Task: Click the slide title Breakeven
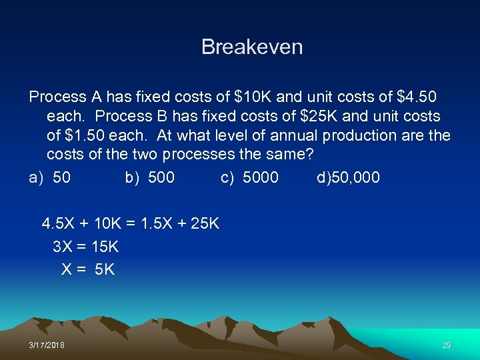coord(252,47)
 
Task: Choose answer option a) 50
coord(50,177)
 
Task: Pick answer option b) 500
coord(150,177)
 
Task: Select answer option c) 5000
coord(250,177)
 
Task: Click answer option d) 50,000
coord(349,177)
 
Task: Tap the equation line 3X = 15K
coord(85,247)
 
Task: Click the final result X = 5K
coord(88,269)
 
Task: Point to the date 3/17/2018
coord(47,345)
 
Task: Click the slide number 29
coord(447,345)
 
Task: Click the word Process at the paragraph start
coord(57,97)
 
